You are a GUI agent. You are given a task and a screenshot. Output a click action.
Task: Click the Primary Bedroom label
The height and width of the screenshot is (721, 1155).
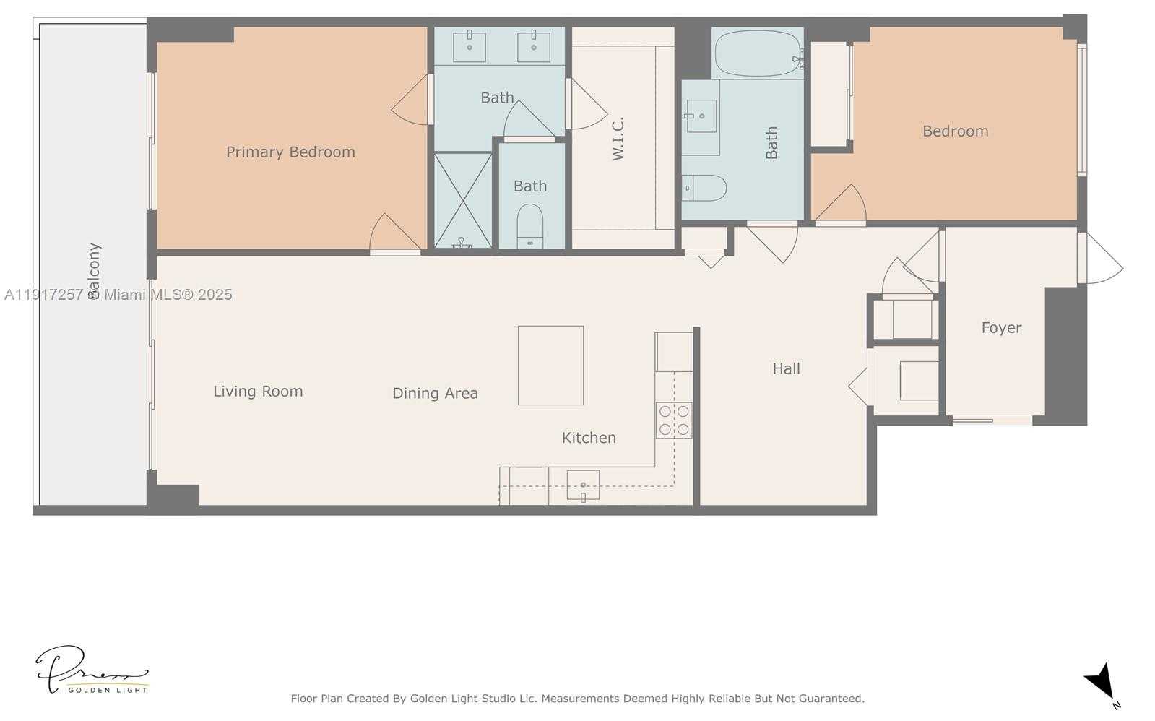pyautogui.click(x=290, y=152)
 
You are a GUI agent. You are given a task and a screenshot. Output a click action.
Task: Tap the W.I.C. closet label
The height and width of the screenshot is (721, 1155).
pyautogui.click(x=618, y=139)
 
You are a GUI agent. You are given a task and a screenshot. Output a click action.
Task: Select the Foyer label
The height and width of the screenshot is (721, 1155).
pyautogui.click(x=1001, y=327)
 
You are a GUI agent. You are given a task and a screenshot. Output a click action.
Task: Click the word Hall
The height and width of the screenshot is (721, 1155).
pyautogui.click(x=786, y=368)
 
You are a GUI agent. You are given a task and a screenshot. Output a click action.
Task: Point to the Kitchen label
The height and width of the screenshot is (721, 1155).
pyautogui.click(x=589, y=437)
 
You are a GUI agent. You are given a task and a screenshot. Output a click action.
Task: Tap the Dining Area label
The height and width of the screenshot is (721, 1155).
pyautogui.click(x=435, y=393)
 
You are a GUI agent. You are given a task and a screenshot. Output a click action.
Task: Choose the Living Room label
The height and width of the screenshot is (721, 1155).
pyautogui.click(x=258, y=391)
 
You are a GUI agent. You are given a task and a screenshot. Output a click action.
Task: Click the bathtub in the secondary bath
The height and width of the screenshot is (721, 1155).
pyautogui.click(x=757, y=54)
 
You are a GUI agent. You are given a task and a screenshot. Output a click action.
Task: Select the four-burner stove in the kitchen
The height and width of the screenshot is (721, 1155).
pyautogui.click(x=673, y=420)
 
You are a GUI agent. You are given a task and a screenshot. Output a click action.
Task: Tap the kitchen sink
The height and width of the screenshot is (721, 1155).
pyautogui.click(x=583, y=484)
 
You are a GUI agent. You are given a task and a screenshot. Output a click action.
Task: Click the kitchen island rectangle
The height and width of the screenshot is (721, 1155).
pyautogui.click(x=550, y=365)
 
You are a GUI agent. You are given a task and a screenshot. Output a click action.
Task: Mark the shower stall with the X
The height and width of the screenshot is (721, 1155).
pyautogui.click(x=462, y=200)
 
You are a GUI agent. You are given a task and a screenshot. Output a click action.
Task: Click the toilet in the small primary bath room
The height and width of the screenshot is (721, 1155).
pyautogui.click(x=530, y=225)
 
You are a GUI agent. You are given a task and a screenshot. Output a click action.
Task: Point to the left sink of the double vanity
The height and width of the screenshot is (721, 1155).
pyautogui.click(x=470, y=47)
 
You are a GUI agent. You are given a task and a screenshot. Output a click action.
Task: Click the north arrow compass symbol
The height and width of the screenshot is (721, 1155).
pyautogui.click(x=1101, y=681)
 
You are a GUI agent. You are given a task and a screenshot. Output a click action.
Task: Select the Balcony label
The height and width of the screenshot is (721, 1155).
pyautogui.click(x=94, y=271)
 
